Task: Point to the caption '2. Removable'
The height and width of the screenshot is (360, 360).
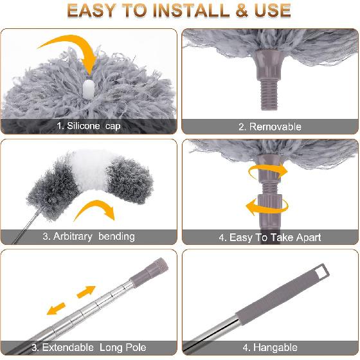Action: pos(270,127)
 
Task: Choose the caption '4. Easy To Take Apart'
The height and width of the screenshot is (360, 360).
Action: pos(269,237)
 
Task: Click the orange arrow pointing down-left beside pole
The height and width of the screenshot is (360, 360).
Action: pos(57,309)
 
